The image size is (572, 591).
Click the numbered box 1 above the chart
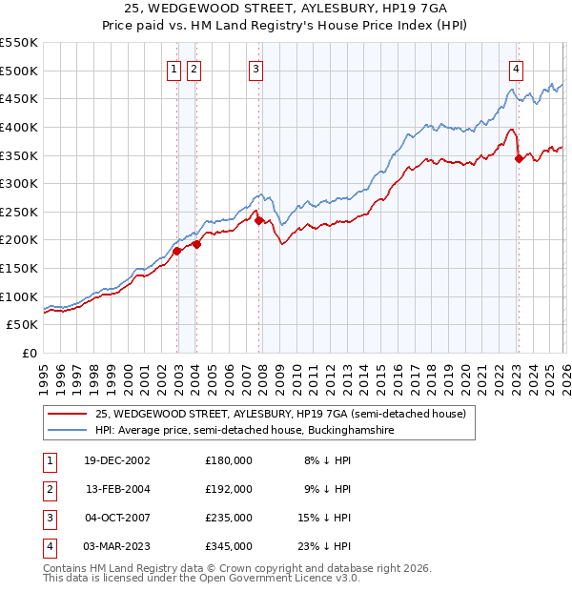(x=175, y=68)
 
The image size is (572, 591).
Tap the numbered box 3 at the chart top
(x=257, y=68)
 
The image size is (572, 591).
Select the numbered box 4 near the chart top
(x=516, y=68)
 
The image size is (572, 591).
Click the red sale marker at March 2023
(x=519, y=158)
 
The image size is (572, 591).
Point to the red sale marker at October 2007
(x=259, y=220)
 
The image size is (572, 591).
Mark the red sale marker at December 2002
(x=177, y=252)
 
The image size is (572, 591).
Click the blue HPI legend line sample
(x=68, y=431)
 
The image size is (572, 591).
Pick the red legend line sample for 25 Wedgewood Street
(x=68, y=414)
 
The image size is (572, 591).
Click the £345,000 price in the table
(x=229, y=546)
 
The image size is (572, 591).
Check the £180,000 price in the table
(x=229, y=460)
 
